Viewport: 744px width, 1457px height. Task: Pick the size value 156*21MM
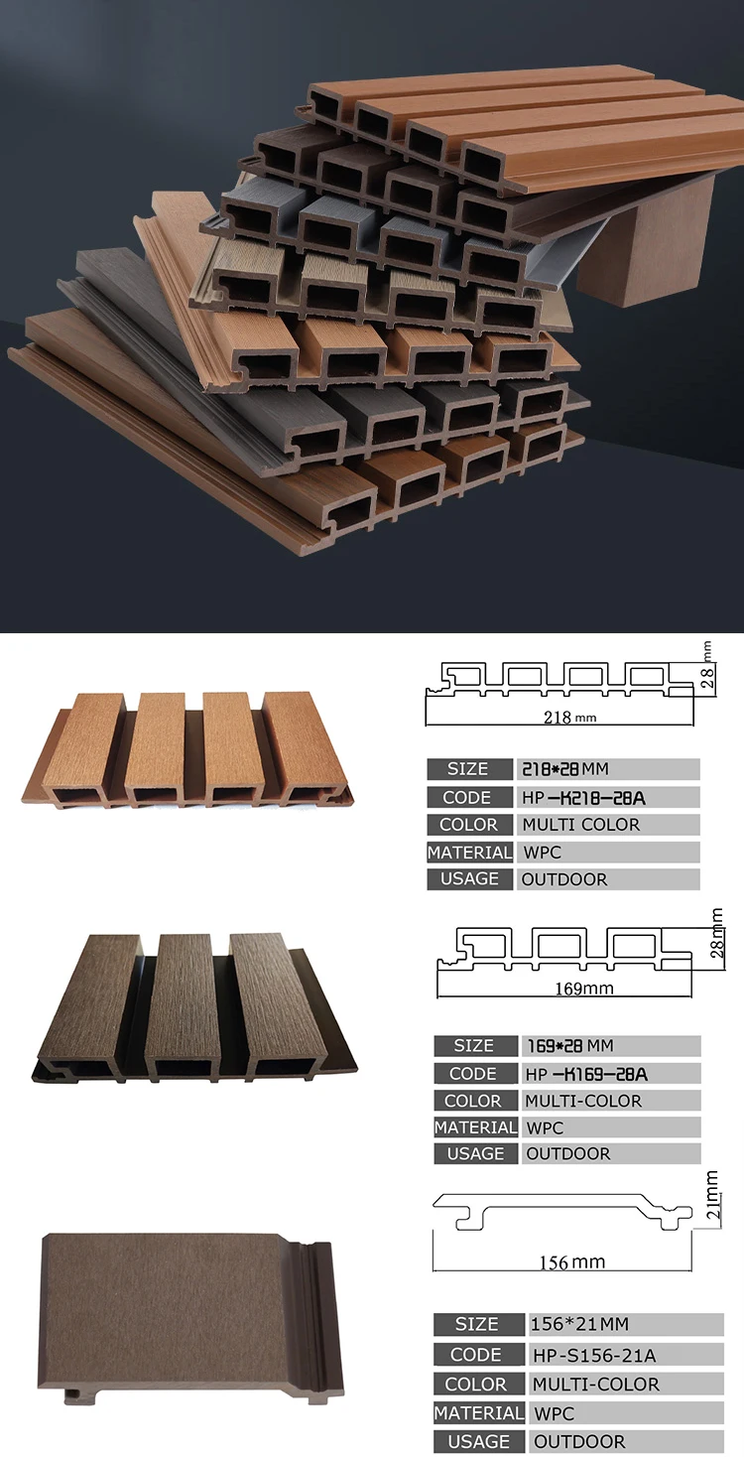pos(579,1324)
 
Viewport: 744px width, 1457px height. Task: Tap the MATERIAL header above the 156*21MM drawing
pos(478,1412)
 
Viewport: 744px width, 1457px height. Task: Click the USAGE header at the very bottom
pos(477,1441)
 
